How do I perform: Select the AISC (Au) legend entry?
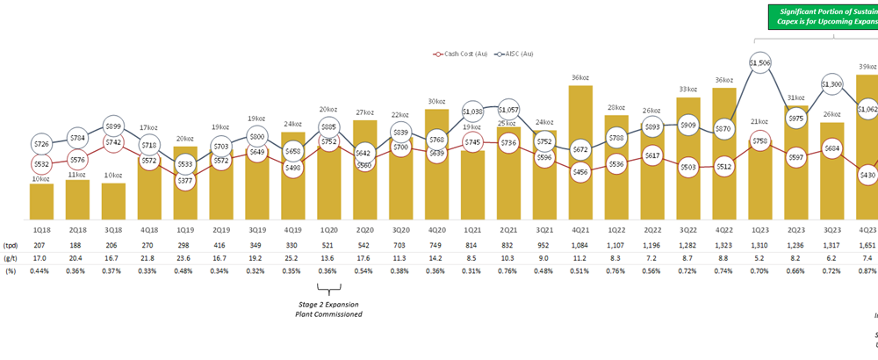(x=518, y=55)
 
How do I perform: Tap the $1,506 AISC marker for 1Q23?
(x=760, y=62)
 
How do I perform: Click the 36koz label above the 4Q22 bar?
(x=724, y=80)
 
